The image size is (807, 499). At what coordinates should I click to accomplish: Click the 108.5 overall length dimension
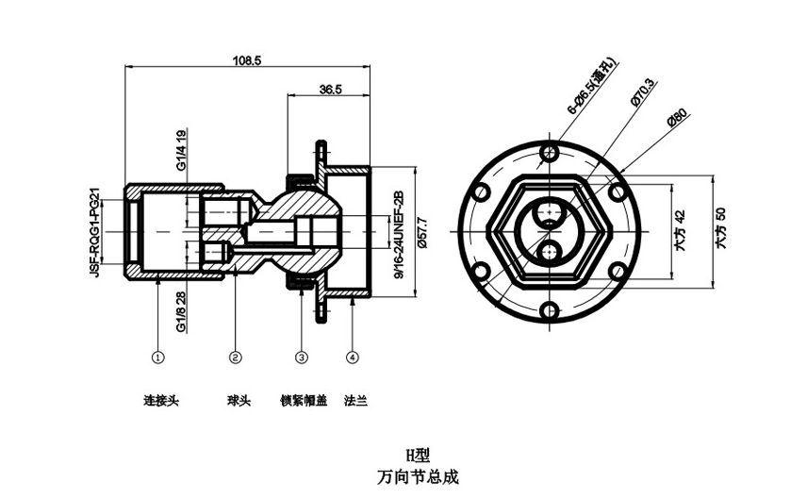pyautogui.click(x=246, y=59)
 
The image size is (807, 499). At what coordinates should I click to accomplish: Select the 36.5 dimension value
pyautogui.click(x=330, y=90)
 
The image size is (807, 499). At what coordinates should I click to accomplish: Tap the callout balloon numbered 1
pyautogui.click(x=158, y=358)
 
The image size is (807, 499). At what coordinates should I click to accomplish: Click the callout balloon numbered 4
pyautogui.click(x=352, y=358)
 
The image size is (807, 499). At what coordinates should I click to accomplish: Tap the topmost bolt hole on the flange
pyautogui.click(x=548, y=152)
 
